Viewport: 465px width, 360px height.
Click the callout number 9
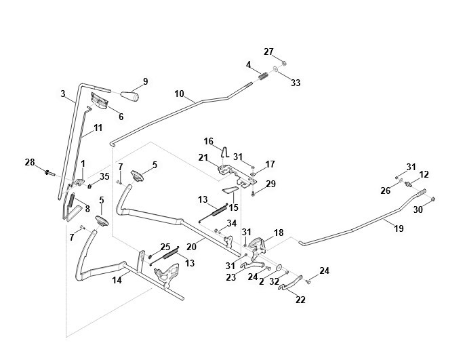[144, 81]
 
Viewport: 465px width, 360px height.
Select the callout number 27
[268, 52]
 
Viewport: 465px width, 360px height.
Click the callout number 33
[295, 83]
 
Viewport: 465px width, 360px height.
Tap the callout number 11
[98, 127]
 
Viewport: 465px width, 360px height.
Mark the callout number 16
[209, 140]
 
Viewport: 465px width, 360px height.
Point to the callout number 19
[398, 228]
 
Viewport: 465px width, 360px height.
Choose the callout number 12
[424, 174]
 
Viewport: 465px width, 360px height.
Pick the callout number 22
[300, 299]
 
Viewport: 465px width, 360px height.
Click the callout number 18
[278, 232]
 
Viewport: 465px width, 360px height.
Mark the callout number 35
[104, 176]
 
